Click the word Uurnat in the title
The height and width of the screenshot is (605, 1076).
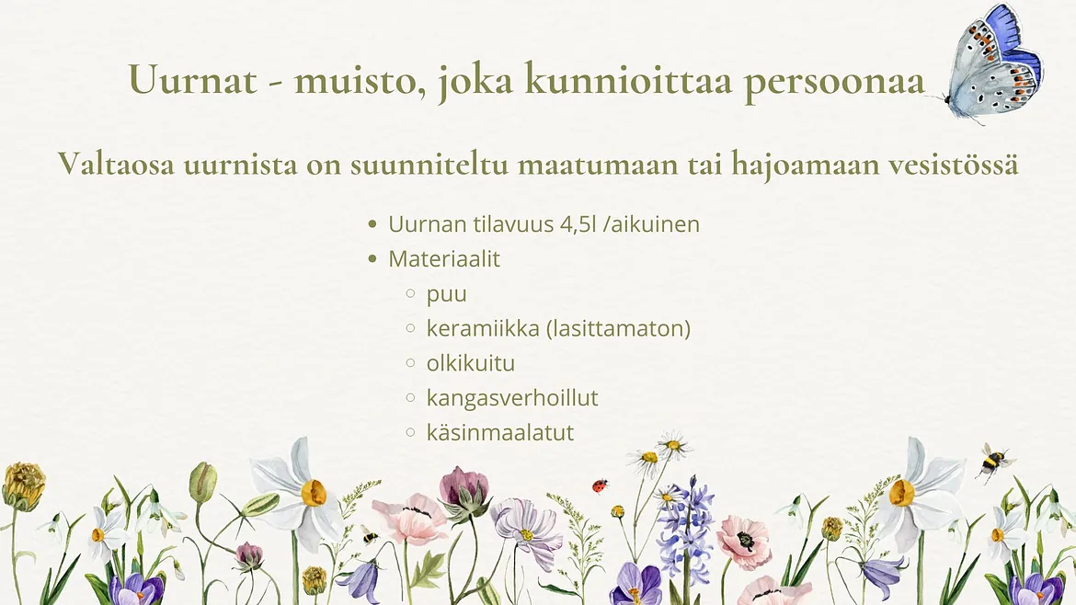(x=193, y=79)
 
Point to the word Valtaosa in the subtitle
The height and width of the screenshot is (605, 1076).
(x=115, y=164)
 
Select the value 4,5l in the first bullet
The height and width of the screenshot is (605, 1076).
(x=578, y=224)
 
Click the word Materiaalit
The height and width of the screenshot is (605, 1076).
(x=444, y=258)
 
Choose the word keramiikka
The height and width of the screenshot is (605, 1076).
(x=483, y=328)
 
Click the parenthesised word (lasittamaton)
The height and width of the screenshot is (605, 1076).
(x=618, y=328)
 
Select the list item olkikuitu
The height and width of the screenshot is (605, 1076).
(x=471, y=363)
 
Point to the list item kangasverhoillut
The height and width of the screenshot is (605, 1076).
(x=512, y=398)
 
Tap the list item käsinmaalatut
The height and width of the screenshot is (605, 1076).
(x=500, y=432)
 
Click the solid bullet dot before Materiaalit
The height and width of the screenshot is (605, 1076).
(x=372, y=258)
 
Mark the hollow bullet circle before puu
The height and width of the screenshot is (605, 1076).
(x=410, y=293)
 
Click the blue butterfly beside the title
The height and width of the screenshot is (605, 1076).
(x=993, y=63)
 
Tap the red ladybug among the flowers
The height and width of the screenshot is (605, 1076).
(x=601, y=485)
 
